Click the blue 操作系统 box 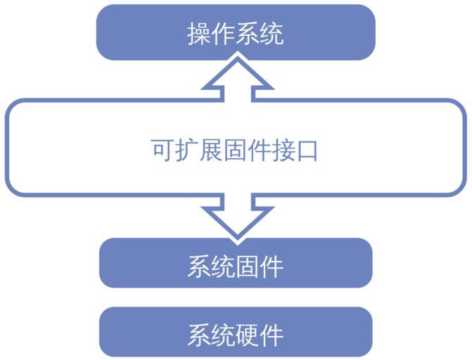[x=236, y=32]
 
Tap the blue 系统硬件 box [x=236, y=332]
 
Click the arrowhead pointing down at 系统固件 [x=236, y=222]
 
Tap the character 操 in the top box [x=199, y=34]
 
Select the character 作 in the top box [x=224, y=34]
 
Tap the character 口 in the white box [x=307, y=149]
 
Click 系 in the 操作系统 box [x=248, y=34]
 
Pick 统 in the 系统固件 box [x=224, y=266]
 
